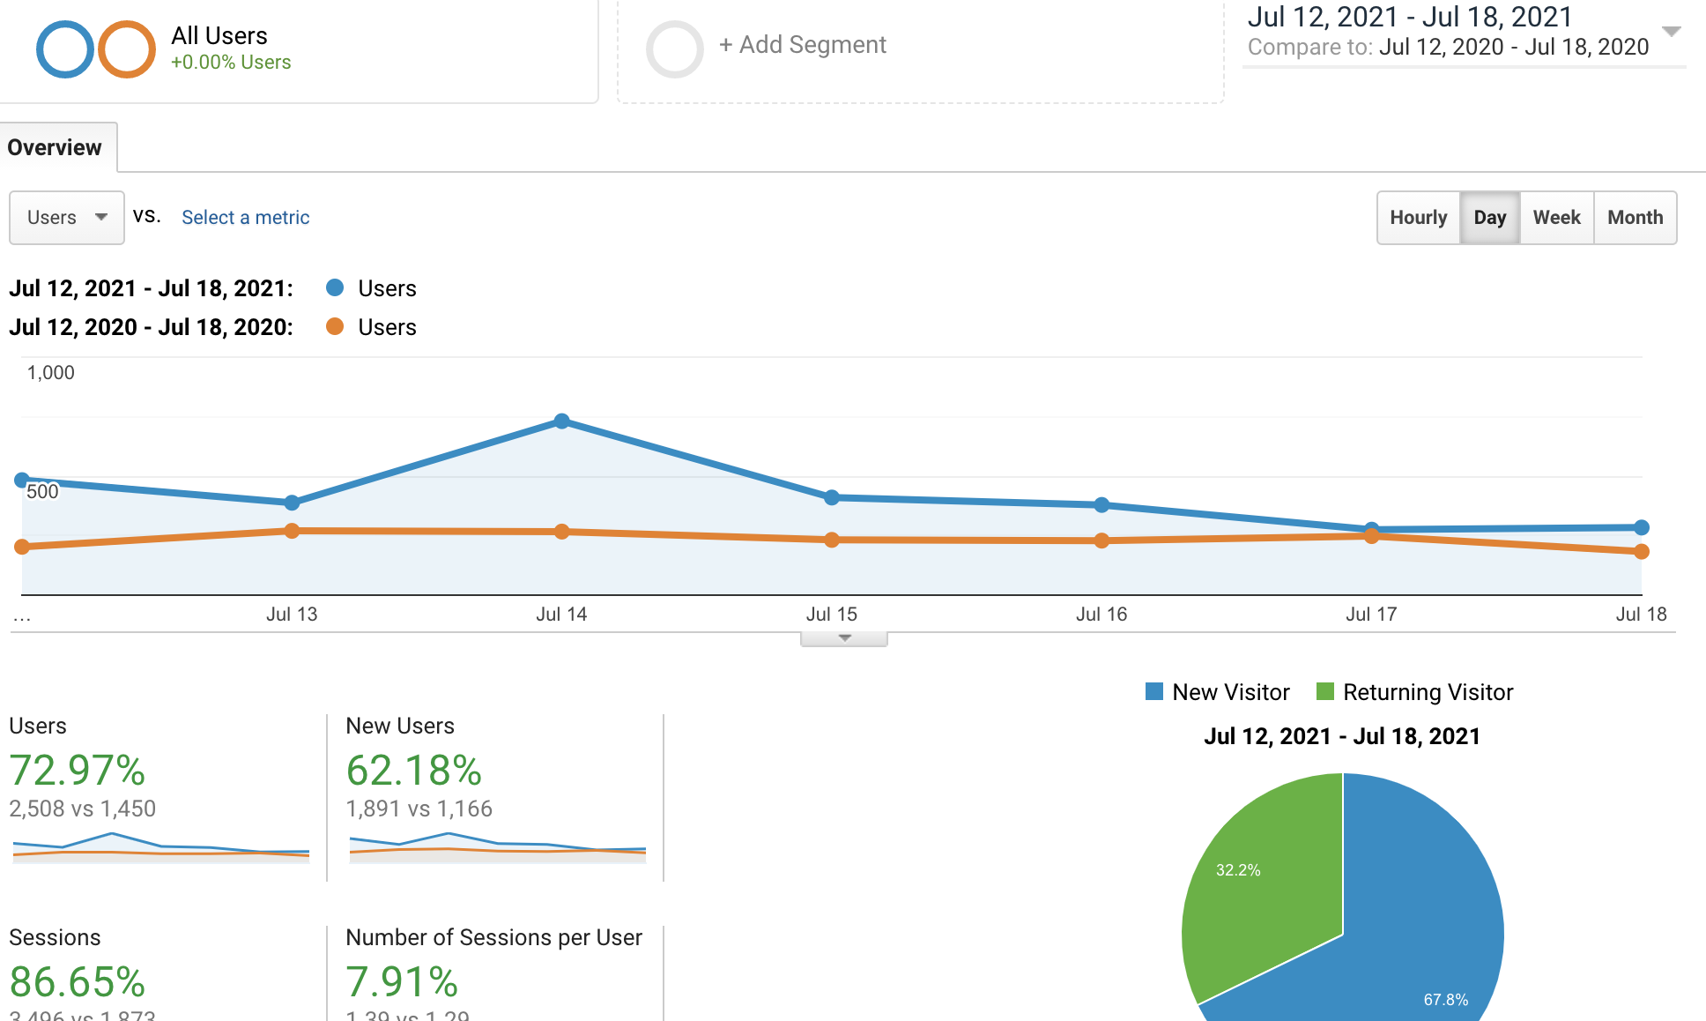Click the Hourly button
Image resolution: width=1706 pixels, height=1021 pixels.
pyautogui.click(x=1418, y=218)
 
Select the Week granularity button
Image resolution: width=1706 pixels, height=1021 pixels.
pyautogui.click(x=1556, y=218)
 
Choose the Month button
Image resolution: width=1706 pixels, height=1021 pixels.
pyautogui.click(x=1635, y=218)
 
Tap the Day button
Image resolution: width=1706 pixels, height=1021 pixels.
pyautogui.click(x=1489, y=218)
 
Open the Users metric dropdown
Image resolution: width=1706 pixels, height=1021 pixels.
pyautogui.click(x=66, y=218)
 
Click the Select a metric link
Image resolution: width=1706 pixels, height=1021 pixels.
pyautogui.click(x=245, y=218)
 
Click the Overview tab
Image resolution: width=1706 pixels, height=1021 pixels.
pyautogui.click(x=55, y=147)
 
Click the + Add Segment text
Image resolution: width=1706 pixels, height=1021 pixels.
pyautogui.click(x=802, y=45)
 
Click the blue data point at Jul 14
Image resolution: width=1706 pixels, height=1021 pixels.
pyautogui.click(x=562, y=421)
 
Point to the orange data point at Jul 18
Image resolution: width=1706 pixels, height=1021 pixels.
pyautogui.click(x=1641, y=552)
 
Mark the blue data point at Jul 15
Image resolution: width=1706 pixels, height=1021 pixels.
pyautogui.click(x=832, y=497)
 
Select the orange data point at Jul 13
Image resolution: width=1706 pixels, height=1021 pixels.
pyautogui.click(x=292, y=531)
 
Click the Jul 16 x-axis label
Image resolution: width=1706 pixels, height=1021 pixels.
pyautogui.click(x=1101, y=615)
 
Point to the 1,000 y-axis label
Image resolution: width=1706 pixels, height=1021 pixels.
pyautogui.click(x=51, y=373)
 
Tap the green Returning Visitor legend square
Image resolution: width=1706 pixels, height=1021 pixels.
pyautogui.click(x=1324, y=691)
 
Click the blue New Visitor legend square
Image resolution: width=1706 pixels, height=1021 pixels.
pyautogui.click(x=1153, y=691)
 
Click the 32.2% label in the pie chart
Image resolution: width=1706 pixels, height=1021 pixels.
pyautogui.click(x=1237, y=870)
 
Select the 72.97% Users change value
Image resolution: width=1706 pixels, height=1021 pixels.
pyautogui.click(x=78, y=771)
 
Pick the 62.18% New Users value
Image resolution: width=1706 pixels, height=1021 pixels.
pyautogui.click(x=414, y=771)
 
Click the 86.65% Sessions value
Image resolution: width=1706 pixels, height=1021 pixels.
pyautogui.click(x=78, y=982)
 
